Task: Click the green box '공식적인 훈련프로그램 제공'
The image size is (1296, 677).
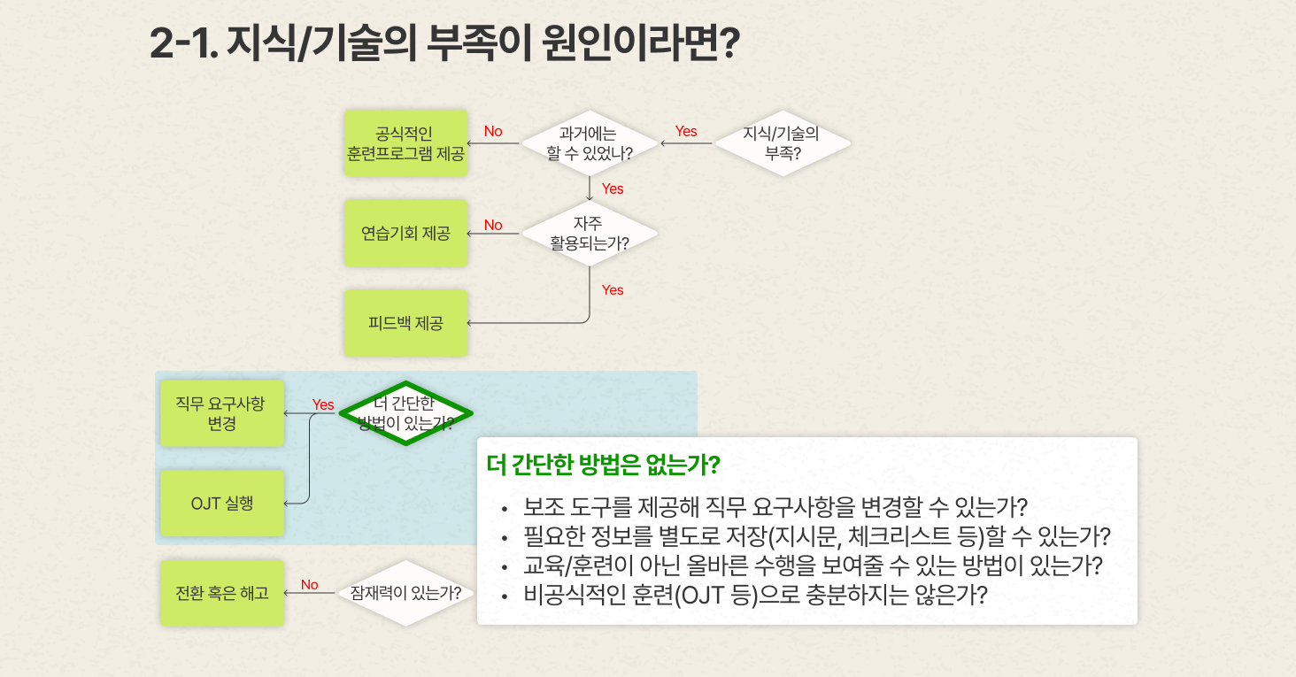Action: (405, 143)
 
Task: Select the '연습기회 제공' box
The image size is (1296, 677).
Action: (405, 234)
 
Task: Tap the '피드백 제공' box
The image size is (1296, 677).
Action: (405, 323)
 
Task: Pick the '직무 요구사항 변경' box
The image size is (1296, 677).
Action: (222, 413)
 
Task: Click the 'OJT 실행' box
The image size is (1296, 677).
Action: (222, 503)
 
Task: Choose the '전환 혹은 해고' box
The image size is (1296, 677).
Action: (222, 593)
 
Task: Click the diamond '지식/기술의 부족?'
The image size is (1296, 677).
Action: (783, 143)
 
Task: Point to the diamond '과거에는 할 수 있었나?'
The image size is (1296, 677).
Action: (590, 143)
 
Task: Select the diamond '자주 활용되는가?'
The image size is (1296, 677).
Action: (590, 234)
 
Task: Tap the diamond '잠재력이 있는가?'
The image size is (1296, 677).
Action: (405, 593)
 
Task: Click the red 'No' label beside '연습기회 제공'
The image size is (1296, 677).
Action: (493, 225)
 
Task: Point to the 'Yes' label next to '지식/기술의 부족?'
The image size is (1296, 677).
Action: (686, 131)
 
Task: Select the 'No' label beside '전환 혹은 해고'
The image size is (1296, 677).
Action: (310, 585)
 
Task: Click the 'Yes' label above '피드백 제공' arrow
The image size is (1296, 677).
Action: (613, 290)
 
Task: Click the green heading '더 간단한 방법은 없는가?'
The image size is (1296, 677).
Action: (603, 465)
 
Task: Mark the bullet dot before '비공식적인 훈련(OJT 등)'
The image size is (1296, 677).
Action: (505, 596)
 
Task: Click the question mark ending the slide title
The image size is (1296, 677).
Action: (730, 42)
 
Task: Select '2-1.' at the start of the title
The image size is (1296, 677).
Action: (184, 43)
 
